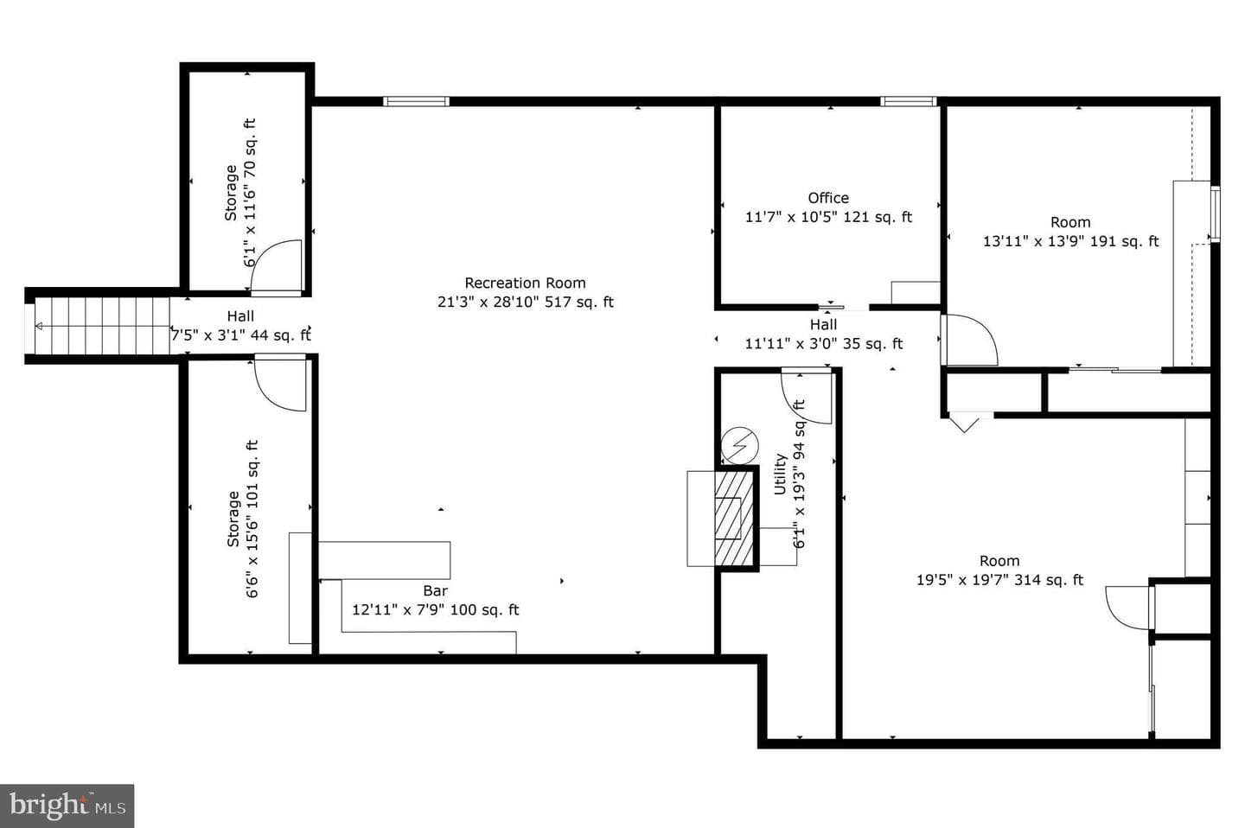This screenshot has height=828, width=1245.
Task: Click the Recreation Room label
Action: (526, 283)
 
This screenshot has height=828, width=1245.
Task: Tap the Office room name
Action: (828, 198)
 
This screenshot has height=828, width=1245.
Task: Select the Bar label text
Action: (435, 590)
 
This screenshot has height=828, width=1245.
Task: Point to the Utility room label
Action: (780, 474)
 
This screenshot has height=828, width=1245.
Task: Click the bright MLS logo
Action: (67, 806)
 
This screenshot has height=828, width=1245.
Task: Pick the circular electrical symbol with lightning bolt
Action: (740, 445)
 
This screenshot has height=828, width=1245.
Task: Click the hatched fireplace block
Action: (734, 519)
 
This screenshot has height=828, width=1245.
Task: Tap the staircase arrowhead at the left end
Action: (39, 326)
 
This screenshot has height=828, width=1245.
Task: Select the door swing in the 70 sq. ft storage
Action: (277, 266)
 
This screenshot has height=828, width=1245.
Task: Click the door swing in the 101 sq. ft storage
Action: (281, 384)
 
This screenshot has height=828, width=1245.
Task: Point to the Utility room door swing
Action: (807, 397)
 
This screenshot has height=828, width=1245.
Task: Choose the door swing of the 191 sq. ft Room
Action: (971, 340)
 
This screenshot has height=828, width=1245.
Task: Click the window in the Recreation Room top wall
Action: (416, 101)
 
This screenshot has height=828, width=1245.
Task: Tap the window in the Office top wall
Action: (908, 101)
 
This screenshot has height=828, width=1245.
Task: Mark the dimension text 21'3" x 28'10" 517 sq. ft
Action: (526, 303)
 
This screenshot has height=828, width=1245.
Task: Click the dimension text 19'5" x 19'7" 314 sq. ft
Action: (999, 580)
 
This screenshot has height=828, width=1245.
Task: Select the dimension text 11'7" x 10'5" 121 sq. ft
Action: (828, 217)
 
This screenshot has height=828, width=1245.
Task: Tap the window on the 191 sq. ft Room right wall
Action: (1215, 215)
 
